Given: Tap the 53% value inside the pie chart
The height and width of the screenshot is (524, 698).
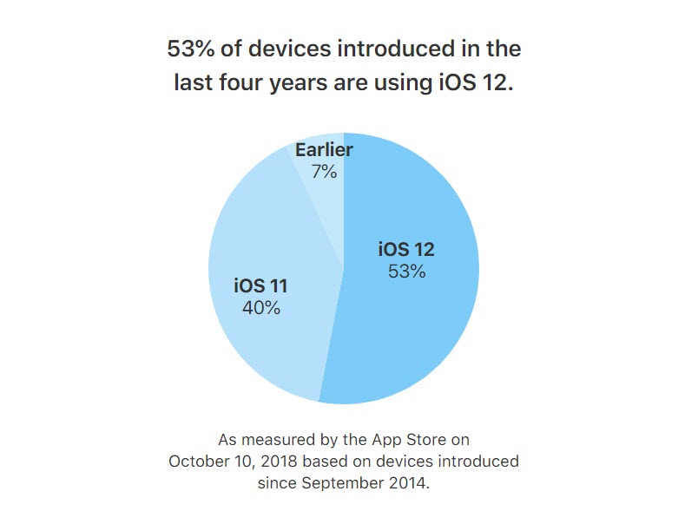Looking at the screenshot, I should (x=405, y=272).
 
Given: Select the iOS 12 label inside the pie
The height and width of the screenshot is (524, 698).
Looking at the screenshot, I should (x=405, y=250).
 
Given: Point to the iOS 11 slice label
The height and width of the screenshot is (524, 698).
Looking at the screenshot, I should (x=260, y=285).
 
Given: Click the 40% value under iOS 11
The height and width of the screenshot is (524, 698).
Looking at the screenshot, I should (x=260, y=307).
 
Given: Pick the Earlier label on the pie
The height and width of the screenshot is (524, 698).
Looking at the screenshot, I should (x=323, y=150).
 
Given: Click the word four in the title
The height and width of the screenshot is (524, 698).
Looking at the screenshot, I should (x=242, y=83).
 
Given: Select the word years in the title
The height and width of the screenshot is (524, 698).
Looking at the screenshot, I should (x=305, y=83).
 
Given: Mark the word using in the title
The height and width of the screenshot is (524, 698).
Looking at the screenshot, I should (x=408, y=83).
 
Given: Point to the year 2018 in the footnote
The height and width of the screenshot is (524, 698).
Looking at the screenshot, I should (x=281, y=461).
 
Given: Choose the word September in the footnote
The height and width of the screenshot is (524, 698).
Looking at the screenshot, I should (x=344, y=482).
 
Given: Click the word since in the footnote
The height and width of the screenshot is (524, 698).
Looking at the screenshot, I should (x=277, y=482).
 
